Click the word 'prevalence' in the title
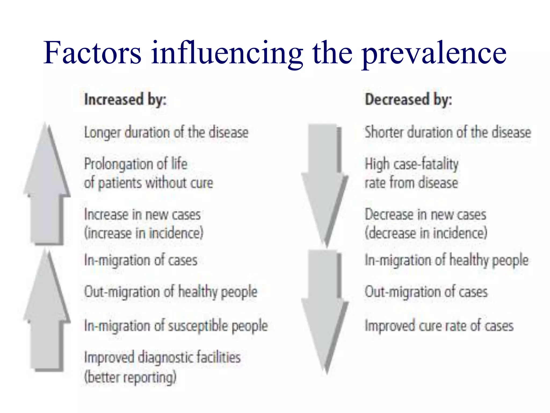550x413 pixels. (434, 54)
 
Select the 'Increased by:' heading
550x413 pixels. (125, 100)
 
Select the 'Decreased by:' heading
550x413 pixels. (408, 100)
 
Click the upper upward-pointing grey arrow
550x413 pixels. (47, 186)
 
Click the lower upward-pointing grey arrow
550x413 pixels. (47, 312)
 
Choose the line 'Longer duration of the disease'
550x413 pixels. (166, 133)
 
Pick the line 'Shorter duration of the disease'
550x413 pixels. (448, 133)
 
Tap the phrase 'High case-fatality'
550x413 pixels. (411, 164)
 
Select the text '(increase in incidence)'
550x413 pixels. (144, 233)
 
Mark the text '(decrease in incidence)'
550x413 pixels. (426, 233)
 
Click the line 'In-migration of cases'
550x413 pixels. (141, 260)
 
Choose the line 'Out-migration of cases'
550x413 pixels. (426, 292)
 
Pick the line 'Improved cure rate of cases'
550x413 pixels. (439, 326)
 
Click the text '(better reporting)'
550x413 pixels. (130, 377)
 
